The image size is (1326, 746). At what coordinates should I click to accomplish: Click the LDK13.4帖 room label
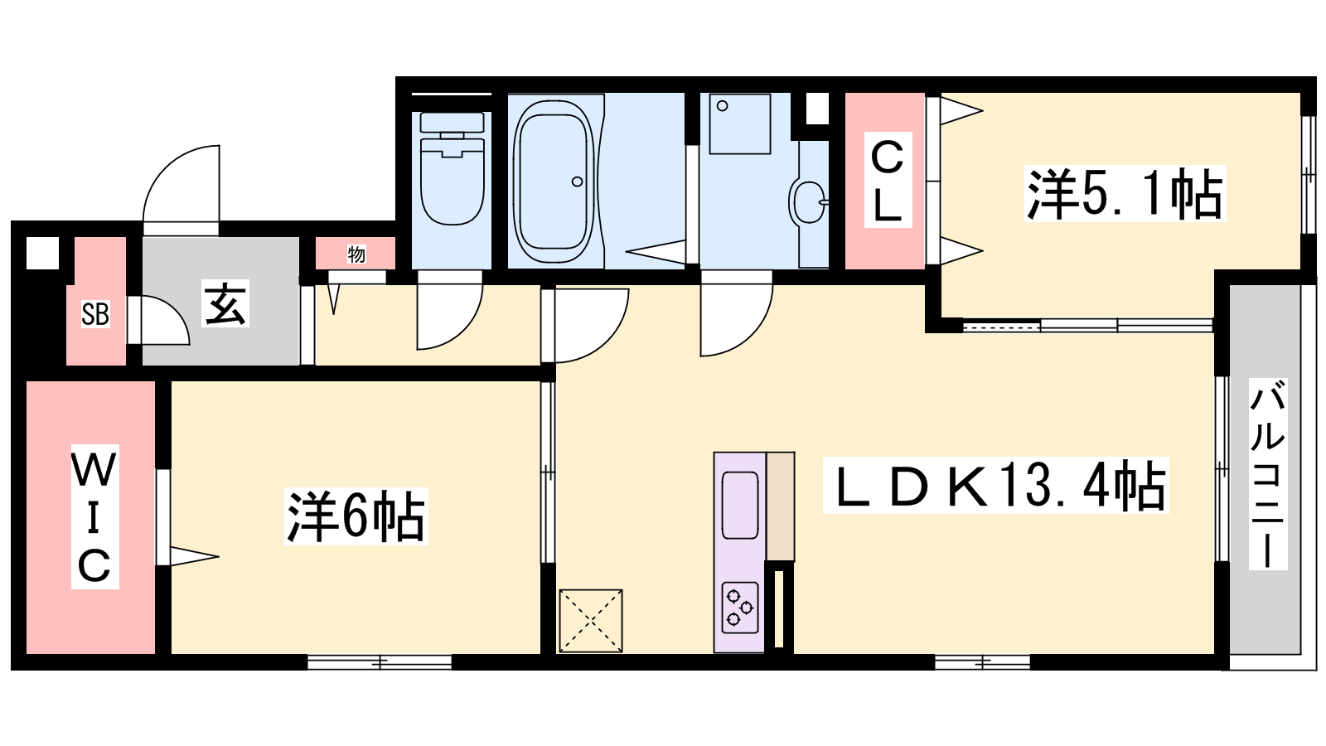995,487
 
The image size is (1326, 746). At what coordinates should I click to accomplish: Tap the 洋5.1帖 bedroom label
1125,194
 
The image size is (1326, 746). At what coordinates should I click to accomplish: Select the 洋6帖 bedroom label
356,516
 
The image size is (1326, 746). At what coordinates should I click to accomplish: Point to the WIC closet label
94,516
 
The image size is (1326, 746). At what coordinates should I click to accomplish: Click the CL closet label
888,180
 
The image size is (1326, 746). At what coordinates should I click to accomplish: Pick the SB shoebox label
95,314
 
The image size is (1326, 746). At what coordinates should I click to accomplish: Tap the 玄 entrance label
225,303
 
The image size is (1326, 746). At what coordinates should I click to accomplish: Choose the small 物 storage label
356,254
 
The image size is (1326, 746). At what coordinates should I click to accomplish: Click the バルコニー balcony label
1268,474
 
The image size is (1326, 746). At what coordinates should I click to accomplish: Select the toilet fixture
452,168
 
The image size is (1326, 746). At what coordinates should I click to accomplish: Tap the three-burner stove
740,608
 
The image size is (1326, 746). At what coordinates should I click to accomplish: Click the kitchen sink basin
740,506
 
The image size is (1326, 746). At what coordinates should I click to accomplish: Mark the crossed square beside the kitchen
591,621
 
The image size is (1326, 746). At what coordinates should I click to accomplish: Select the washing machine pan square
740,124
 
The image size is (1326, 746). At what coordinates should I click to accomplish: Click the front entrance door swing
181,183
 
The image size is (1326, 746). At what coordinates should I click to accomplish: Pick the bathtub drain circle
577,182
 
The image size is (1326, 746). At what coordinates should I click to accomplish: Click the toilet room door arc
450,317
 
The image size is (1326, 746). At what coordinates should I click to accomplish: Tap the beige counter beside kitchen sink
781,506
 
